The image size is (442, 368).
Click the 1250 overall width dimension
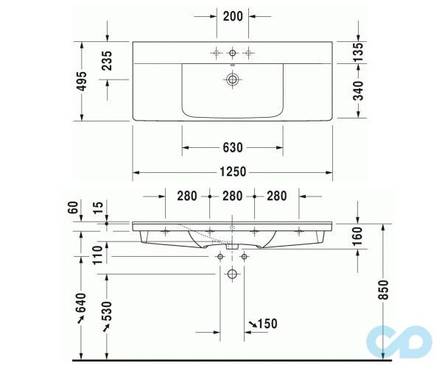[x=232, y=172]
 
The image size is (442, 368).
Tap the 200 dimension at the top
[x=232, y=15]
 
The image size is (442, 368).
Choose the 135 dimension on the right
[x=359, y=51]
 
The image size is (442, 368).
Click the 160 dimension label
[x=359, y=236]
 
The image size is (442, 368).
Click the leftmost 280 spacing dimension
[x=187, y=196]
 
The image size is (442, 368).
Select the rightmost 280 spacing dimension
[x=277, y=196]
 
